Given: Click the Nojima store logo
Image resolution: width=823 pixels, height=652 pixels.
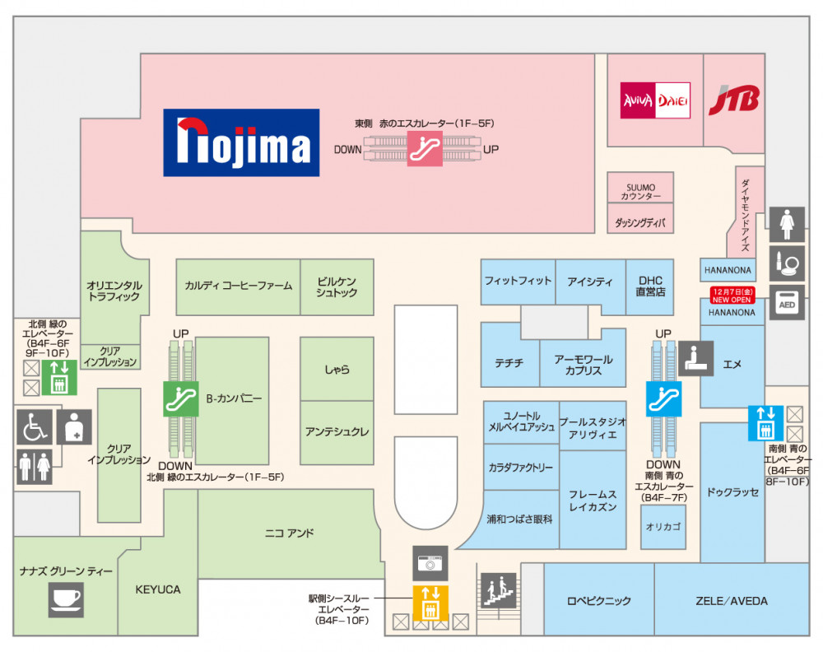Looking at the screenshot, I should coord(240,143).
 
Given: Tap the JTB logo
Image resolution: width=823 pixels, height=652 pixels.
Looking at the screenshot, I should coord(734,100).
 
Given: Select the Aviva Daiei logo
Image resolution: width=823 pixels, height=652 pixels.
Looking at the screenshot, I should coord(655,100).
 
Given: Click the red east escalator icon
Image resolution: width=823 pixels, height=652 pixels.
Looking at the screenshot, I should coord(425,149).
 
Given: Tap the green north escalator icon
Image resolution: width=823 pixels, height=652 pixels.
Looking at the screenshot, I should coord(181,399).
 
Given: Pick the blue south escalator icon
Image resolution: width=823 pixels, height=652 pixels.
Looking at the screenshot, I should coord(665,398).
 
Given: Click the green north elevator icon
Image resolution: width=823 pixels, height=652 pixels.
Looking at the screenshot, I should coord(59,377).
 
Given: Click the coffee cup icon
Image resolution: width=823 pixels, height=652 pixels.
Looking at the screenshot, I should coord(66,598).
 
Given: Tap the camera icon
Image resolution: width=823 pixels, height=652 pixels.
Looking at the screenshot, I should coord(430,564).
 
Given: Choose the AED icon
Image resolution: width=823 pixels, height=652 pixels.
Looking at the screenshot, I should coord(786,304).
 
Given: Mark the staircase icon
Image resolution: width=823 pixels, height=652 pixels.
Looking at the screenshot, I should coord(497,590).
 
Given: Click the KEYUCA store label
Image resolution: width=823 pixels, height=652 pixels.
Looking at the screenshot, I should coord(157,589).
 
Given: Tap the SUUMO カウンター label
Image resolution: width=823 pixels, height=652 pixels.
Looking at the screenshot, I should coord(640,192).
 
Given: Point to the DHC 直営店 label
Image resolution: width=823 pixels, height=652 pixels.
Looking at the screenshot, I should coord(650,286).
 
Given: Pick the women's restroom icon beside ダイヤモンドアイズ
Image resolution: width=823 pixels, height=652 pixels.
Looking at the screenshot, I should coord(787,224).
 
